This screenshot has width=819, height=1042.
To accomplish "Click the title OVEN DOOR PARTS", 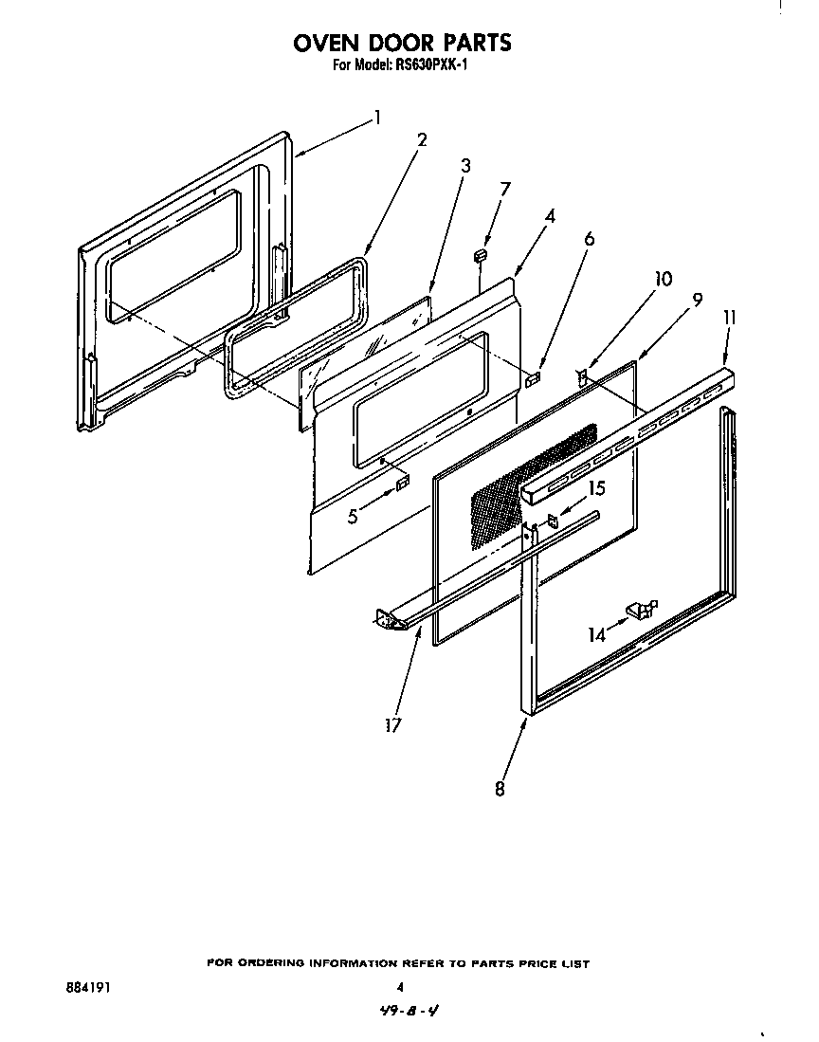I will [402, 43].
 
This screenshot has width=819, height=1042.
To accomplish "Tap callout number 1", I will [376, 118].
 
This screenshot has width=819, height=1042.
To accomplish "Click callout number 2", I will [421, 139].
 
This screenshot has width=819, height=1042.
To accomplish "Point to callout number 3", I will [465, 166].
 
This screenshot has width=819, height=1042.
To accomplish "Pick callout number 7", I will [504, 189].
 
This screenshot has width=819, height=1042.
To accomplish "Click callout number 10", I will [663, 279].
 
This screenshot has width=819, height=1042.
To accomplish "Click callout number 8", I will [500, 788].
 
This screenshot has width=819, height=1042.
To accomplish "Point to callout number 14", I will [596, 635].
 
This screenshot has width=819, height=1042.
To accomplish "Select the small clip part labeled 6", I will [533, 379].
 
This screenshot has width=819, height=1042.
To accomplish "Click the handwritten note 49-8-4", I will [406, 1012].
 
